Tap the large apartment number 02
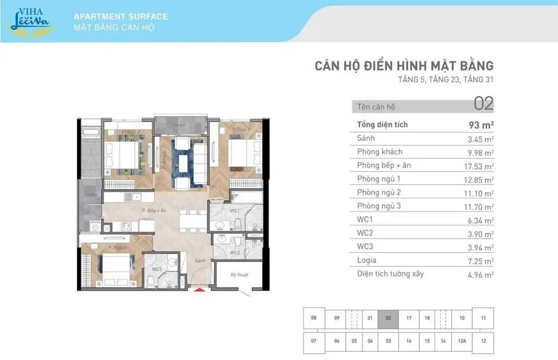click(483, 103)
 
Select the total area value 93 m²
click(481, 125)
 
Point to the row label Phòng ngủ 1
click(379, 179)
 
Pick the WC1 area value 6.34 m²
click(481, 220)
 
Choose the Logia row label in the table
click(367, 260)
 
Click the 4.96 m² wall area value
click(481, 274)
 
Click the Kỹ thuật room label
click(239, 275)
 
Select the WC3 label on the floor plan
click(157, 269)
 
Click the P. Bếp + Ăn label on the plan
click(153, 210)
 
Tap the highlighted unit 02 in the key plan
click(388, 318)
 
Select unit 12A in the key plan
click(462, 341)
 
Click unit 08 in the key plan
click(314, 318)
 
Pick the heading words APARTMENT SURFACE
click(120, 16)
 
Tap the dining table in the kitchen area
click(192, 220)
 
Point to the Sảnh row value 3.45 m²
click(481, 138)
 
